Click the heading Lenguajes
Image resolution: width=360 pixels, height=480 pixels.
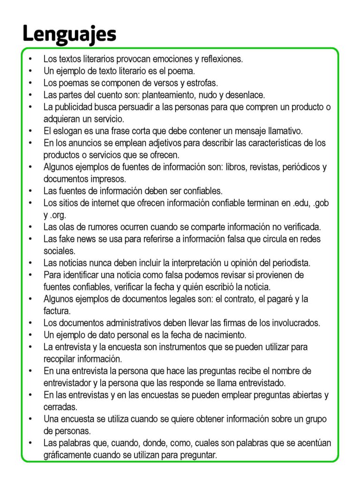(69, 34)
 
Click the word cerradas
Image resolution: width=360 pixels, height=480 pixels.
(60, 407)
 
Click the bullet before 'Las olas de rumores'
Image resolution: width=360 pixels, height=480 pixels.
(30, 227)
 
